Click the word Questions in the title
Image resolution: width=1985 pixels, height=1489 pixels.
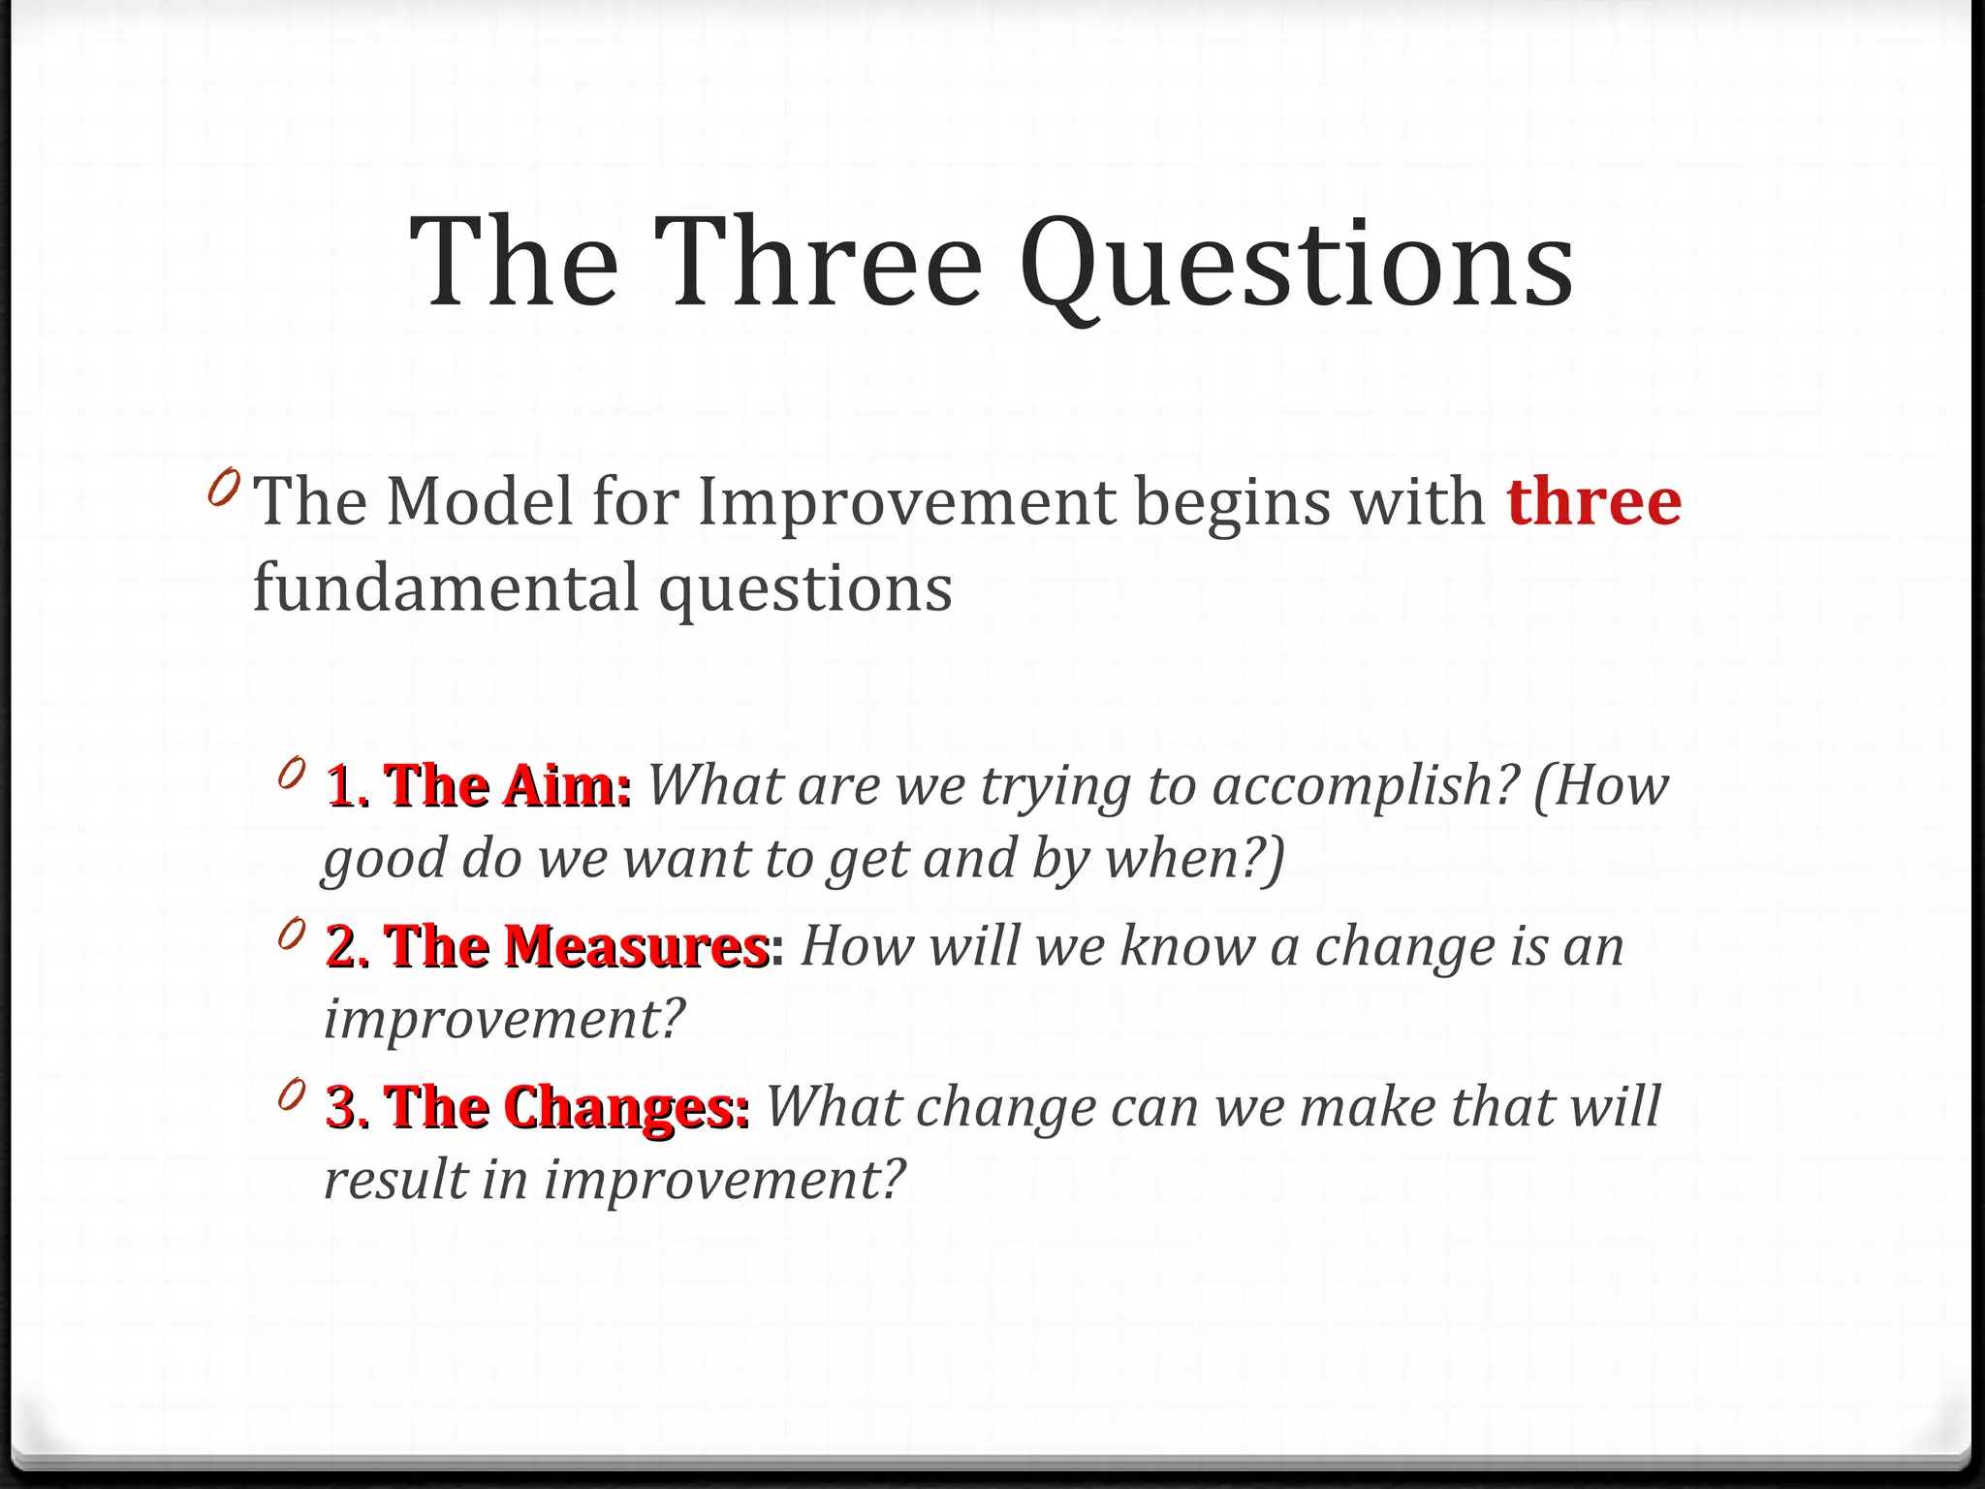click(x=1296, y=264)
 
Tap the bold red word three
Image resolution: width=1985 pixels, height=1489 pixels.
click(x=1593, y=502)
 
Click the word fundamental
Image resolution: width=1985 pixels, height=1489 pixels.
click(x=446, y=587)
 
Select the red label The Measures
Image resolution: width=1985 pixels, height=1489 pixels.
click(x=576, y=946)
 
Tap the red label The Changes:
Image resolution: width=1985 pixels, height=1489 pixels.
click(x=566, y=1107)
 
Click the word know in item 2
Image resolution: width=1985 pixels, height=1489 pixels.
click(x=1187, y=946)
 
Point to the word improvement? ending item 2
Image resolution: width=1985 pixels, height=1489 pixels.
click(x=504, y=1020)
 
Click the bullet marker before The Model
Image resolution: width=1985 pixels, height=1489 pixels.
click(x=223, y=488)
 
